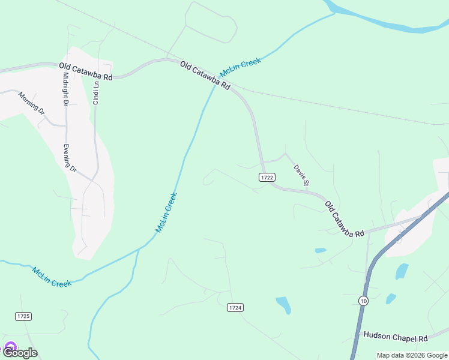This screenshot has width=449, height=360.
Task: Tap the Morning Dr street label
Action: [x=31, y=103]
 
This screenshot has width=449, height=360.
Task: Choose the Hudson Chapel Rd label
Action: [x=395, y=338]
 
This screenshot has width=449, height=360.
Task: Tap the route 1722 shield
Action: [x=268, y=177]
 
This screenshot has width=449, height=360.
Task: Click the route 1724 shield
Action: [x=235, y=307]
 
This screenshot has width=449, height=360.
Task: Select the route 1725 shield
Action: [x=23, y=316]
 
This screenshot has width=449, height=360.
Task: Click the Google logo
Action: [x=20, y=353]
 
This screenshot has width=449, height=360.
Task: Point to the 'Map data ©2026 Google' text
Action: [x=412, y=355]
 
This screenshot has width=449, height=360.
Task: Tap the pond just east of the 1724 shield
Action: [x=283, y=304]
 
